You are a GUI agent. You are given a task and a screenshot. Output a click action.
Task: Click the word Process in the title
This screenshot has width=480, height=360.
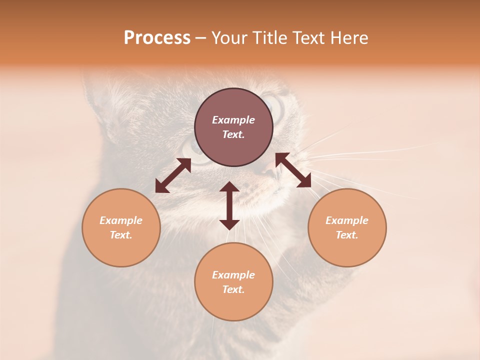pos(157,38)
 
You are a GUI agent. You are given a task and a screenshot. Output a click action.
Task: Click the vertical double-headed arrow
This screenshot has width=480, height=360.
pos(229,205)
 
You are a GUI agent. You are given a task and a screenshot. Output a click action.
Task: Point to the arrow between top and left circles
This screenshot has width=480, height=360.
pos(173,175)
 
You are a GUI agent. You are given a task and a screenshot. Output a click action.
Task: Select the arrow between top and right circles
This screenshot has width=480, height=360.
pos(293,170)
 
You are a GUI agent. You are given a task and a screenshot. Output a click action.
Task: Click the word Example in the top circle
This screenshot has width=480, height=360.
pos(233,120)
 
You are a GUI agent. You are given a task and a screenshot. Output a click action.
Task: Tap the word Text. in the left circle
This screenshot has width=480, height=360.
pos(121,235)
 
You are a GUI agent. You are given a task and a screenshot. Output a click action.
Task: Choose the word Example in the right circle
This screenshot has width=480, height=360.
pos(347,220)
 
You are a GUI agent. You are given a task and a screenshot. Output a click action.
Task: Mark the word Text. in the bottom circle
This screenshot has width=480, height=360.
pos(233,289)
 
